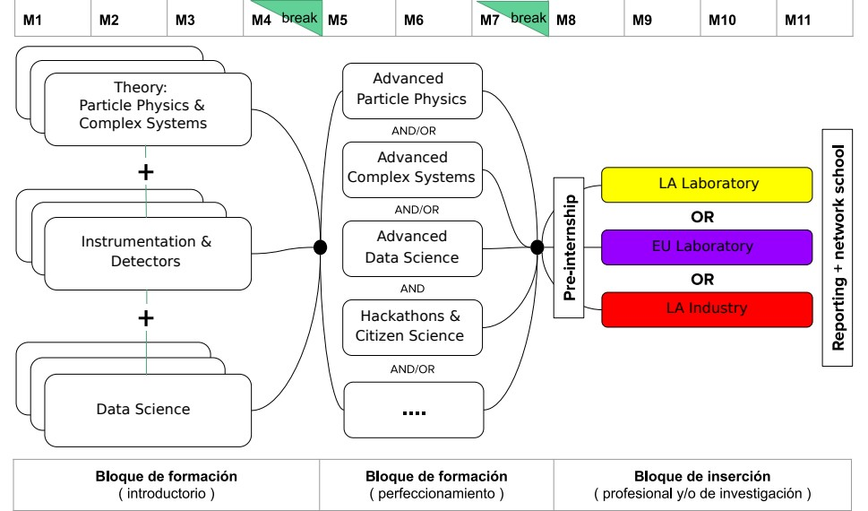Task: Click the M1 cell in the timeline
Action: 33,20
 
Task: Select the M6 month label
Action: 414,20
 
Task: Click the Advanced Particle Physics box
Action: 412,90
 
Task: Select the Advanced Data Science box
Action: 412,247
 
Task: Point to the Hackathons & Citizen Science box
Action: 412,325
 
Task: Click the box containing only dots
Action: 412,409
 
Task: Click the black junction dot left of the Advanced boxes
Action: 320,247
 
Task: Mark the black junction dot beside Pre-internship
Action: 537,247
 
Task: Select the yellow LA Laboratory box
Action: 708,185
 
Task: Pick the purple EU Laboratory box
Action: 708,247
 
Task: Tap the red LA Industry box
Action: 708,309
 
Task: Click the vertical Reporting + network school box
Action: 838,247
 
